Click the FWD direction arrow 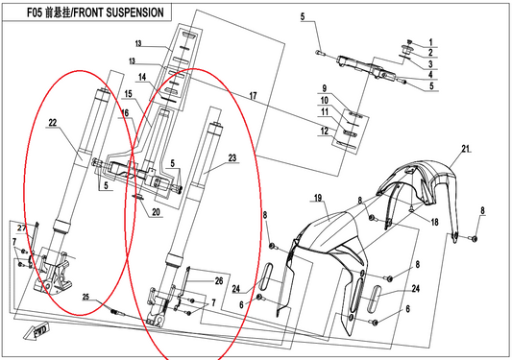point(37,331)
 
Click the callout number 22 point(52,122)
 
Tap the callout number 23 point(232,158)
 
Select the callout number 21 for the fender point(466,149)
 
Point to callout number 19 point(318,198)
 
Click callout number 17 point(253,96)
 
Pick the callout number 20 point(156,212)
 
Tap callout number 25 point(85,297)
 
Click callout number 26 point(219,280)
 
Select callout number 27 point(21,228)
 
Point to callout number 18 point(434,222)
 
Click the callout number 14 point(142,77)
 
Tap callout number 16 point(125,113)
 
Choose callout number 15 point(128,94)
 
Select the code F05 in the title point(35,12)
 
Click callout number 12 point(325,131)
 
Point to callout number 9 point(324,88)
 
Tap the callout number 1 point(430,42)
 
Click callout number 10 point(325,100)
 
